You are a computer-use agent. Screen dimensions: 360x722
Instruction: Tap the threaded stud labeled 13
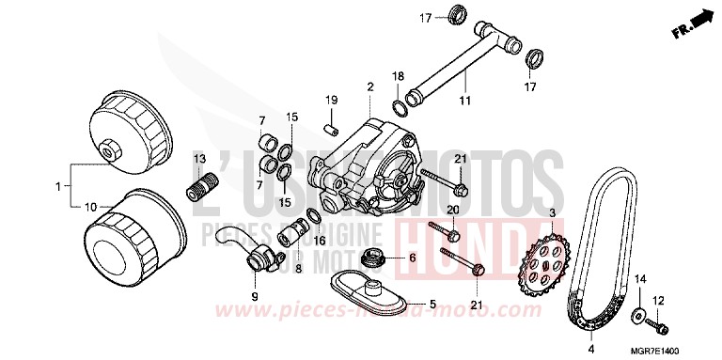(198, 178)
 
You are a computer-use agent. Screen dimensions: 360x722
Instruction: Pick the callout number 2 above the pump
(370, 86)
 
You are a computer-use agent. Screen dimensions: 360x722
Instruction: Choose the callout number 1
(58, 187)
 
